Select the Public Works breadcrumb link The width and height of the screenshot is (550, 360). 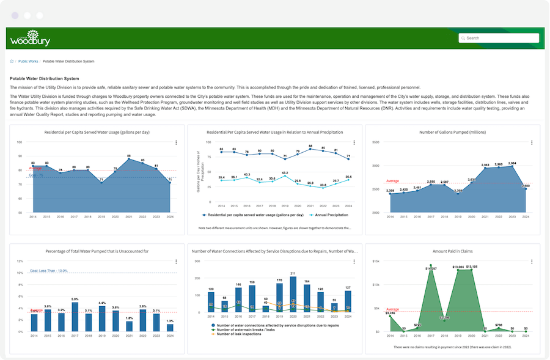pyautogui.click(x=29, y=62)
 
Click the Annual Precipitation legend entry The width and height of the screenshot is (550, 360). pyautogui.click(x=331, y=215)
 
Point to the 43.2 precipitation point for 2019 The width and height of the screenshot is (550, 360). pyautogui.click(x=284, y=175)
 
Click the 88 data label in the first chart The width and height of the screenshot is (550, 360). pyautogui.click(x=129, y=156)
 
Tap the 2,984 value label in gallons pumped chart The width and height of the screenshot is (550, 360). pyautogui.click(x=512, y=163)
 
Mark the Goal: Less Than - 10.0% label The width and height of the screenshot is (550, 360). pyautogui.click(x=49, y=271)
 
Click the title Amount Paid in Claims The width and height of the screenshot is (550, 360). pyautogui.click(x=452, y=251)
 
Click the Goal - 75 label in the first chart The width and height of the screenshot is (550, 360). pyautogui.click(x=35, y=175)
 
